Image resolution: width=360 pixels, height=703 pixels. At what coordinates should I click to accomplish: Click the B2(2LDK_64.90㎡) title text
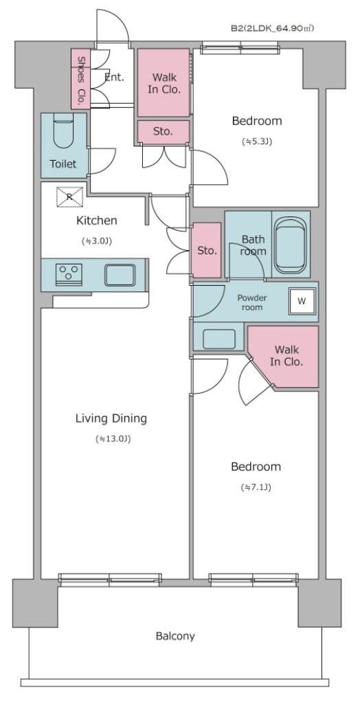[x=272, y=29]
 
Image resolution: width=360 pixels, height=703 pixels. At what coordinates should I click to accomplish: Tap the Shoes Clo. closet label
[x=81, y=78]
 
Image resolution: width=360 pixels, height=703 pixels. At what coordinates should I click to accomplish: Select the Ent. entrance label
[x=114, y=78]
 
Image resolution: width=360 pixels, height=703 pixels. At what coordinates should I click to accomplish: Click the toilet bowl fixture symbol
[x=63, y=133]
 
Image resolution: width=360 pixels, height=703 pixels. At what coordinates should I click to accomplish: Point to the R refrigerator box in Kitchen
[x=69, y=197]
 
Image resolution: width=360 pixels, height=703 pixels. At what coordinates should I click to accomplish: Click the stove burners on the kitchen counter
[x=68, y=274]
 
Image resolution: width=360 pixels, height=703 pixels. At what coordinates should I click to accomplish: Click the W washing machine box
[x=302, y=300]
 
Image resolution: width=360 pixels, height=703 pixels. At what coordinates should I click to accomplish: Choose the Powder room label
[x=253, y=302]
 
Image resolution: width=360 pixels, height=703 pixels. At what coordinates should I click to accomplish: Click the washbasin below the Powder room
[x=219, y=339]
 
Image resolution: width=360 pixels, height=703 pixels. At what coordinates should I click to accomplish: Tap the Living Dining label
[x=111, y=419]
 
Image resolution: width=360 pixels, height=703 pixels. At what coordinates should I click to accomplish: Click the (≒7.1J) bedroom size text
[x=256, y=488]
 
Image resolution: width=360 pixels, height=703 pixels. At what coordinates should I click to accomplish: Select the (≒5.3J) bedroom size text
[x=257, y=142]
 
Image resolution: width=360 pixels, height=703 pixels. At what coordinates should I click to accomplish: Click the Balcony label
[x=175, y=636]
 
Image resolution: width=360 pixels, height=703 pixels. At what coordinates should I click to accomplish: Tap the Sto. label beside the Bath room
[x=207, y=250]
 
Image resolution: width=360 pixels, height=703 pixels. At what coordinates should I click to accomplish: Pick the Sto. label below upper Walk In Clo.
[x=163, y=131]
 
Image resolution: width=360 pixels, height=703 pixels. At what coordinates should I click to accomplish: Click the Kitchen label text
[x=96, y=221]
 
